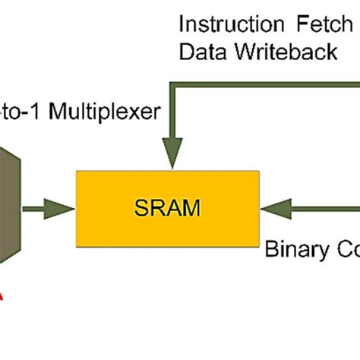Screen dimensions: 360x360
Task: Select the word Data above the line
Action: click(x=200, y=52)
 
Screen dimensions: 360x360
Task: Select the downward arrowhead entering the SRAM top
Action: click(x=174, y=156)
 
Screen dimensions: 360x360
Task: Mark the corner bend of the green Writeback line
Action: click(x=175, y=85)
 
